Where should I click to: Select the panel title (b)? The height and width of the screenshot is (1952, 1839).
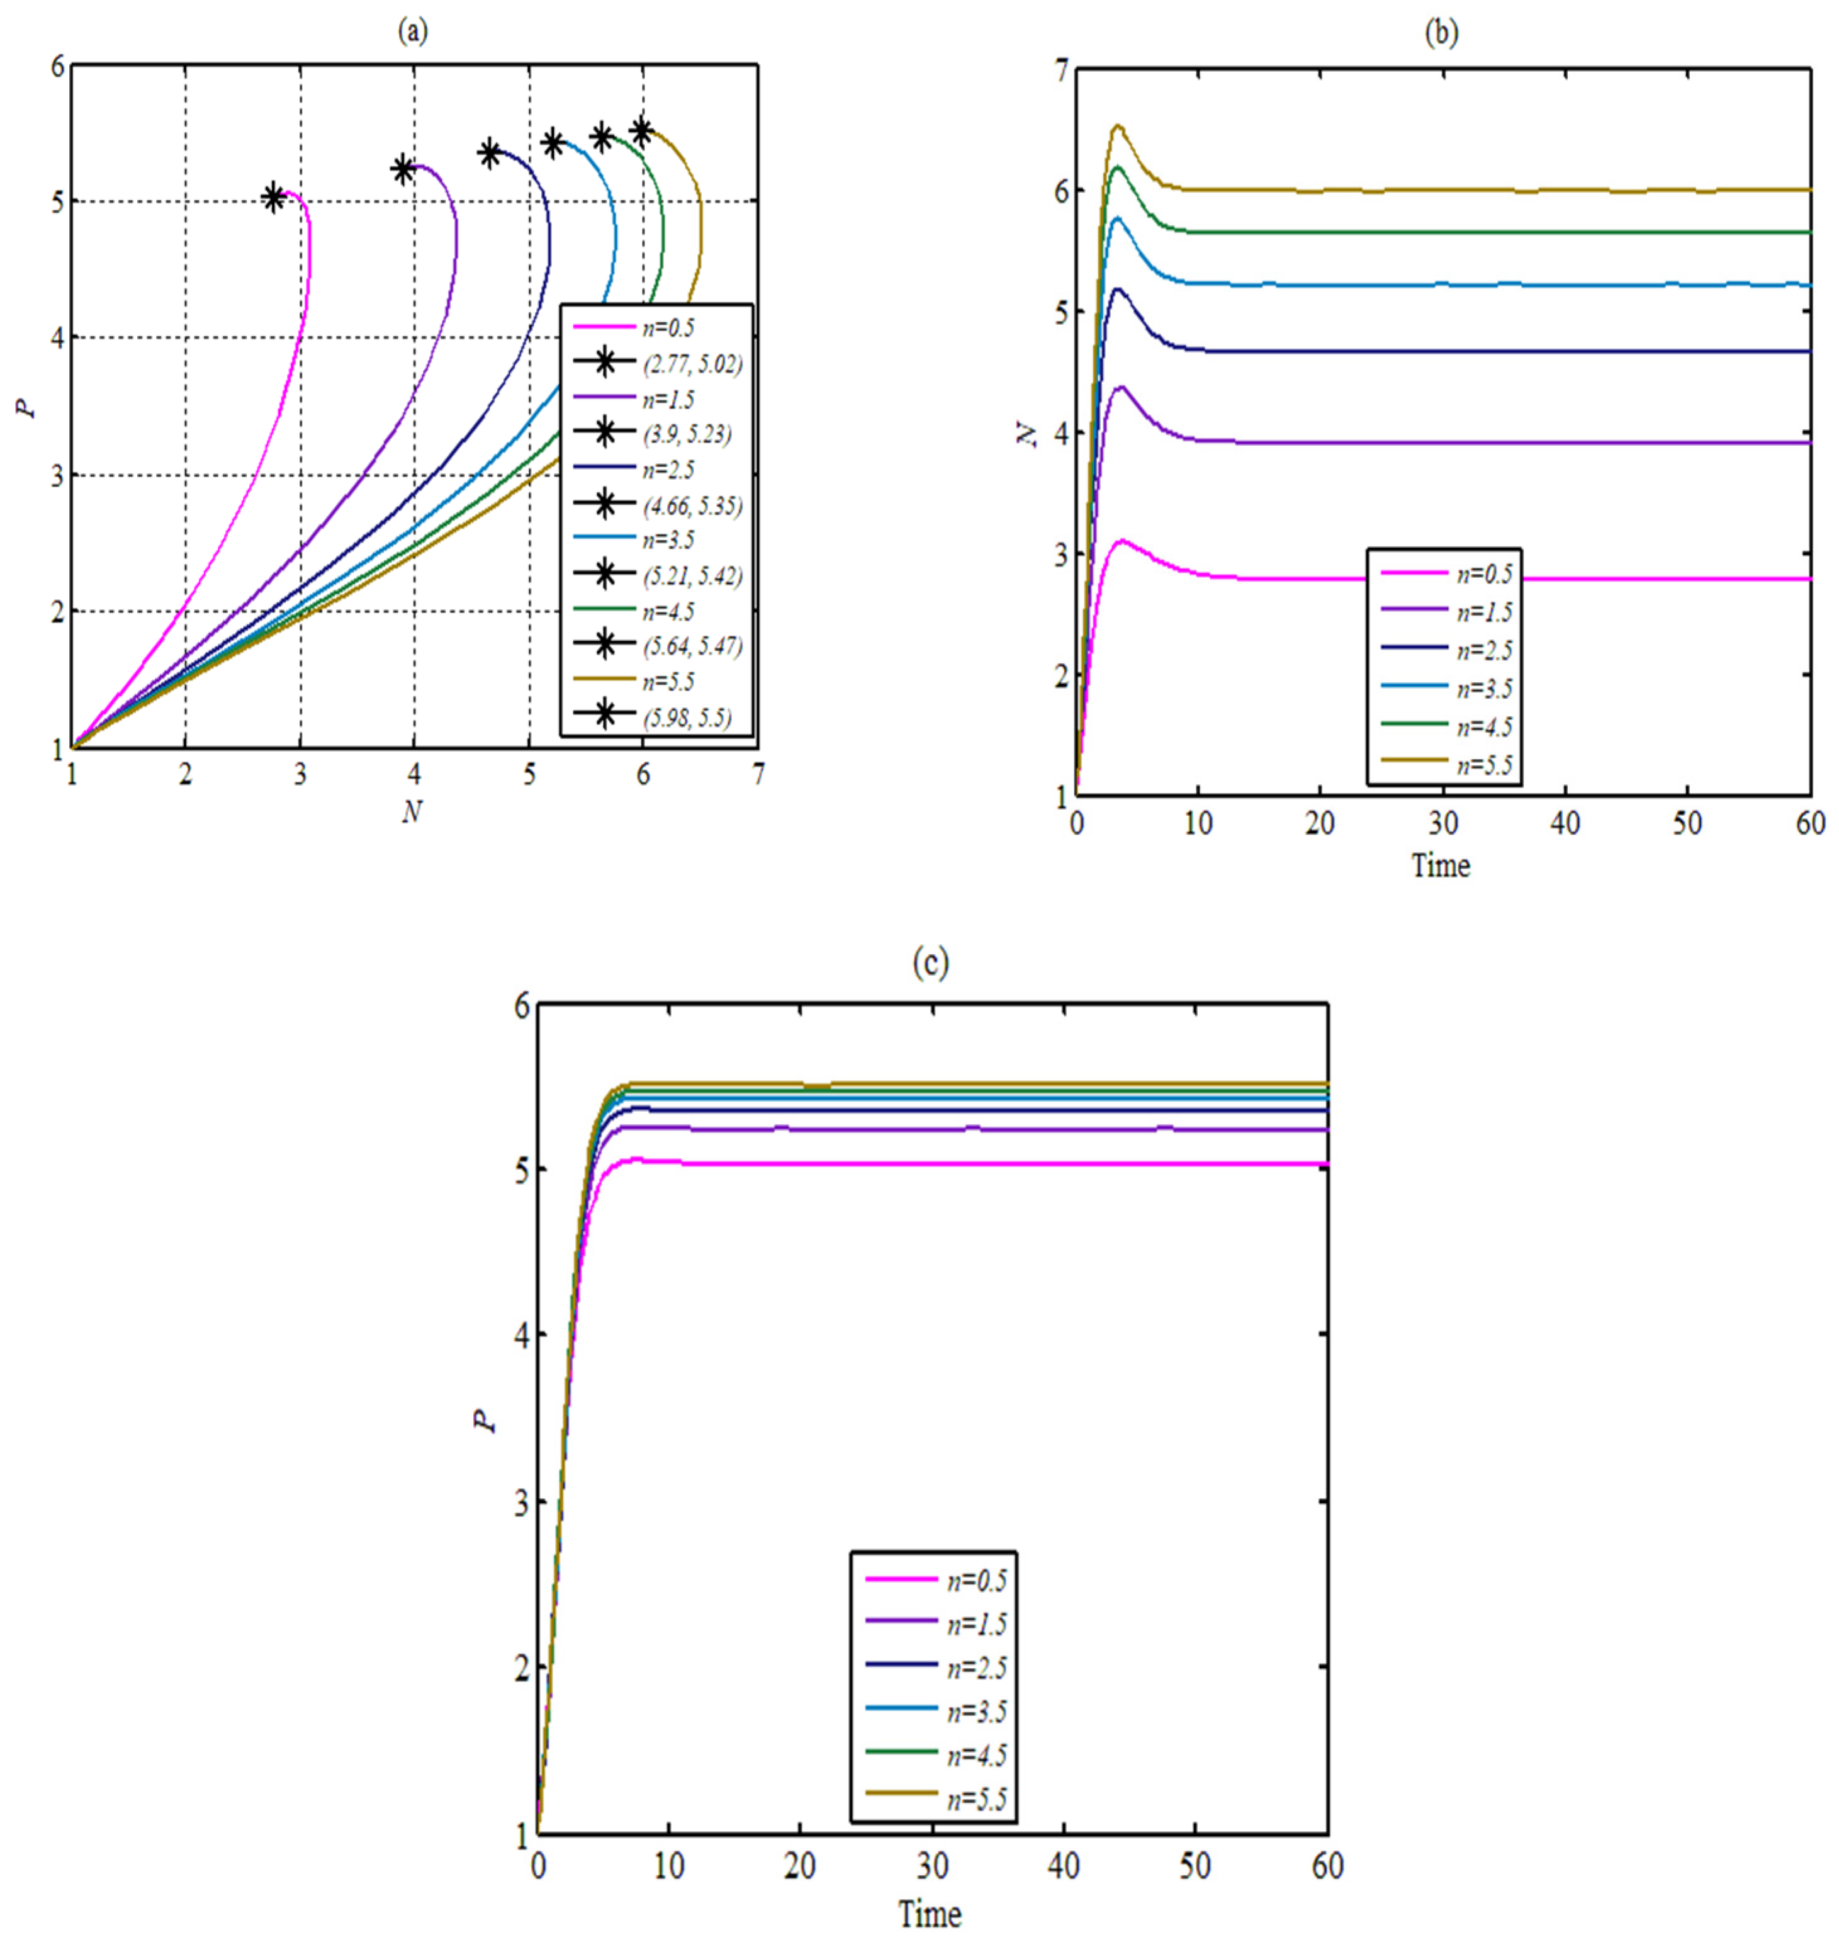1441,32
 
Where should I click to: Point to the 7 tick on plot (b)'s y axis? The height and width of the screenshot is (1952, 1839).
1059,70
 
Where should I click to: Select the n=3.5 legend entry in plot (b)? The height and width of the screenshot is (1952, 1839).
1483,687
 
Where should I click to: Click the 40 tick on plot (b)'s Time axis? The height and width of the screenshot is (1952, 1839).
1565,823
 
